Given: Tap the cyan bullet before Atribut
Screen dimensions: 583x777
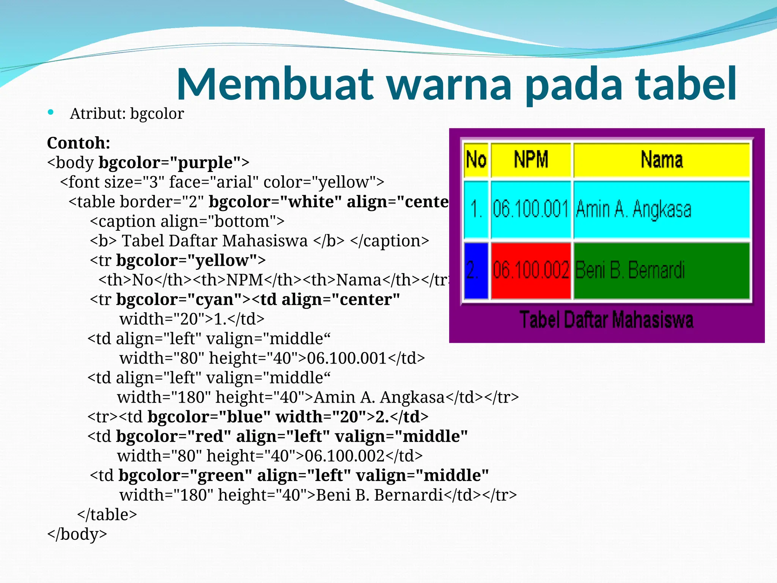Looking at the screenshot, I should click(51, 112).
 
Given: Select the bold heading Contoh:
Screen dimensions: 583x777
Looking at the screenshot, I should click(79, 143).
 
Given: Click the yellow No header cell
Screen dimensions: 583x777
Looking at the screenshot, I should click(476, 159).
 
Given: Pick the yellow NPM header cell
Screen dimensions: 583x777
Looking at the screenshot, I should click(531, 159).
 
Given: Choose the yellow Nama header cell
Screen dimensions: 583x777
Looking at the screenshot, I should click(662, 159).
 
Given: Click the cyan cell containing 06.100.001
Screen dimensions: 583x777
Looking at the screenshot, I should click(531, 210).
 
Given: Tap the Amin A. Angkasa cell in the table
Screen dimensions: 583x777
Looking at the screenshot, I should click(662, 210).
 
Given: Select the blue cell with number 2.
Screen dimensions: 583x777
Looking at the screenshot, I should click(476, 271).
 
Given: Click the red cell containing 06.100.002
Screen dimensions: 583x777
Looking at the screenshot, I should click(531, 271).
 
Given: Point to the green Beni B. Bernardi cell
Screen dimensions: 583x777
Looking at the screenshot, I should click(662, 271).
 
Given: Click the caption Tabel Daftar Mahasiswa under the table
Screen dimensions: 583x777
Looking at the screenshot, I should click(606, 320).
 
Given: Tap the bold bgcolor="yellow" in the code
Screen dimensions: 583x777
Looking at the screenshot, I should click(187, 260).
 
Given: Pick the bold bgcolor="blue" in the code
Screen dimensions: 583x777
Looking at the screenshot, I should click(209, 417).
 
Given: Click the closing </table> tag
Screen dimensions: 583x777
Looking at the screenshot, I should click(107, 515).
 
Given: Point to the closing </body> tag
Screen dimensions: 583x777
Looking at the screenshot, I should click(77, 534).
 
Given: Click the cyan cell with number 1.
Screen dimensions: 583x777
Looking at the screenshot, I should click(476, 210).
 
